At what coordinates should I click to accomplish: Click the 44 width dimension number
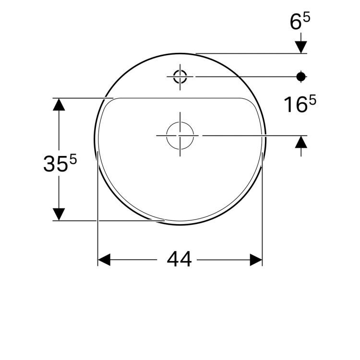[x=180, y=260]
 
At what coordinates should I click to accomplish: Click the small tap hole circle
[x=180, y=76]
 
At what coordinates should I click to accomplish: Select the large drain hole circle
[x=180, y=135]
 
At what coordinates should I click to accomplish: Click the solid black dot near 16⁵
[x=301, y=76]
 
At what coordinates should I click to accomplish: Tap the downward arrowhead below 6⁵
[x=301, y=47]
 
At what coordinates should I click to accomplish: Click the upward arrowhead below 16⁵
[x=301, y=142]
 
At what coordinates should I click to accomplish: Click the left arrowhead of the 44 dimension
[x=104, y=260]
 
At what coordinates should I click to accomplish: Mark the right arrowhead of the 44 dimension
[x=256, y=260]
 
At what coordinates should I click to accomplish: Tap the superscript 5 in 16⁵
[x=312, y=100]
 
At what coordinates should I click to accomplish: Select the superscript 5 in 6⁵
[x=307, y=17]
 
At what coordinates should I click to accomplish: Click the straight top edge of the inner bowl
[x=178, y=98]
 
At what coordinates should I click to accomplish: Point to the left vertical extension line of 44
[x=98, y=216]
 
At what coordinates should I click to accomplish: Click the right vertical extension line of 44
[x=263, y=216]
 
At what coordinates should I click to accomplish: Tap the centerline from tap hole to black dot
[x=245, y=76]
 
